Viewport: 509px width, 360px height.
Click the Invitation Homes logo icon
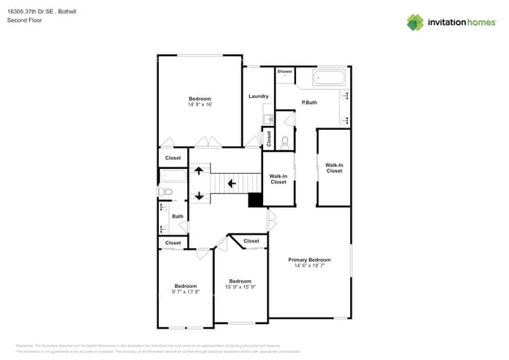click(x=415, y=22)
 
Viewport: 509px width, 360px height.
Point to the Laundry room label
click(x=258, y=96)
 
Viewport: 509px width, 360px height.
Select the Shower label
click(x=284, y=72)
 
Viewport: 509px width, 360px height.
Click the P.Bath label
click(x=309, y=103)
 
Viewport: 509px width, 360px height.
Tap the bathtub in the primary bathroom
click(x=329, y=77)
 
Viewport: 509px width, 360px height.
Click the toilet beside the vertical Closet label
click(x=284, y=141)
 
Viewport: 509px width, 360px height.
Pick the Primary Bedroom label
click(x=309, y=260)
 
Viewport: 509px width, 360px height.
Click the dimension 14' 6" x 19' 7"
click(x=309, y=266)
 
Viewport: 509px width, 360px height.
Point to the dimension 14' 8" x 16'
click(x=200, y=105)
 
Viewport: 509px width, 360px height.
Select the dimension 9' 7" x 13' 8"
click(x=186, y=292)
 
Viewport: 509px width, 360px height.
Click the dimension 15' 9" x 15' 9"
click(x=240, y=287)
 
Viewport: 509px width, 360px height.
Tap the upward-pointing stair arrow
click(x=199, y=169)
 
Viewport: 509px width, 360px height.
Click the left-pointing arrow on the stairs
click(x=231, y=184)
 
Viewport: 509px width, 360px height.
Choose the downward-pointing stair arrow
click(x=199, y=196)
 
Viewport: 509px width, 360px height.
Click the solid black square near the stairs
click(x=255, y=200)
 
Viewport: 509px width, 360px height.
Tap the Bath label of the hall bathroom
click(x=178, y=217)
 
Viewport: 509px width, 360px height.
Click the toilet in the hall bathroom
click(x=166, y=192)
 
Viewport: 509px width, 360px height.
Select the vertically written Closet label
click(x=269, y=139)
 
